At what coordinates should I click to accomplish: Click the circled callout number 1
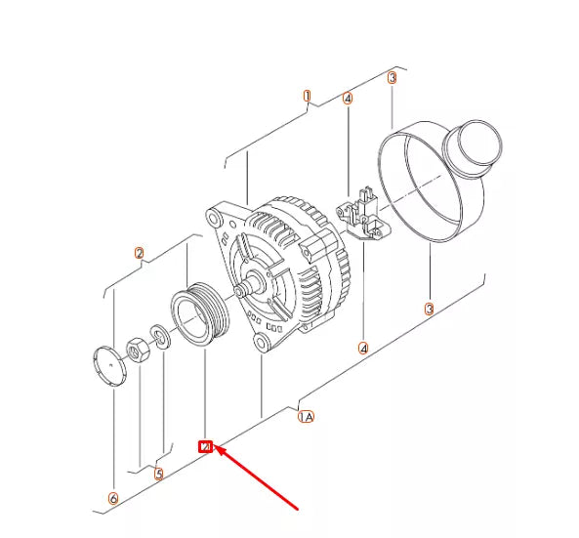tap(307, 97)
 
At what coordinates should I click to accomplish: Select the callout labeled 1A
tap(306, 417)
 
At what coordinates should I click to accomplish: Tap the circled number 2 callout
tap(140, 254)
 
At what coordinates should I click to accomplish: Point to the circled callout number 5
tap(159, 476)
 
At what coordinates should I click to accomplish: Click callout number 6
tap(113, 499)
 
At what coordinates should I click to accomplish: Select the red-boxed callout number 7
tap(205, 447)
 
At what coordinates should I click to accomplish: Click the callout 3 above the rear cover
tap(392, 77)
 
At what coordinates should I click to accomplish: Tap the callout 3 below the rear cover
tap(428, 310)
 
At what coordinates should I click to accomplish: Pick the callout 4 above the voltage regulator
tap(348, 98)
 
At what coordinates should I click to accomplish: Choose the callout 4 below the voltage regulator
tap(363, 348)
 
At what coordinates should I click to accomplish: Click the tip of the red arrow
tap(217, 450)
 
